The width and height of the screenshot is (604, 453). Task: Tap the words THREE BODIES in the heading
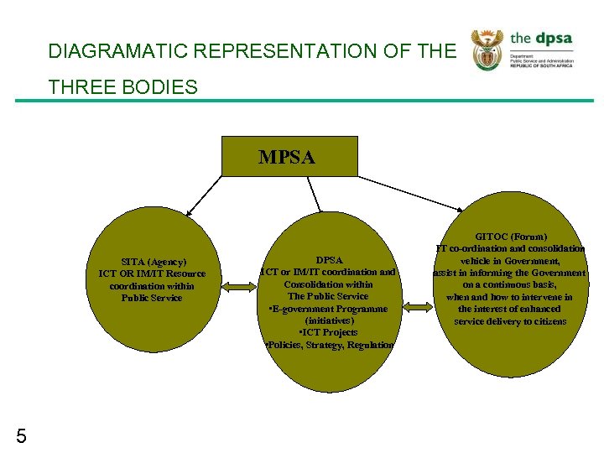tap(122, 87)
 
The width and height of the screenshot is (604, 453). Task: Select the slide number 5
tap(21, 435)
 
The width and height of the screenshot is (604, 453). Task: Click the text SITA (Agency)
tap(152, 261)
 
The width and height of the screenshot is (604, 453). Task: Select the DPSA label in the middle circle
tap(328, 260)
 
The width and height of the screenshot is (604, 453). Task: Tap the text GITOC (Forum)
tap(510, 237)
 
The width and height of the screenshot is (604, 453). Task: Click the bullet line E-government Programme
tap(328, 308)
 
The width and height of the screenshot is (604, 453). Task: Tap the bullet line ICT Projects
tap(328, 332)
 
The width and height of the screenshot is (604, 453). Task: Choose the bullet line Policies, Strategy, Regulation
tap(328, 345)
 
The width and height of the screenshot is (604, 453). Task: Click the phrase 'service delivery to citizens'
tap(510, 321)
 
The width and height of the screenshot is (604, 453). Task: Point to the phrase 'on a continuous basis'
tap(510, 285)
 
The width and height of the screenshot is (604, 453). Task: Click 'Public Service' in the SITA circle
tap(152, 298)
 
